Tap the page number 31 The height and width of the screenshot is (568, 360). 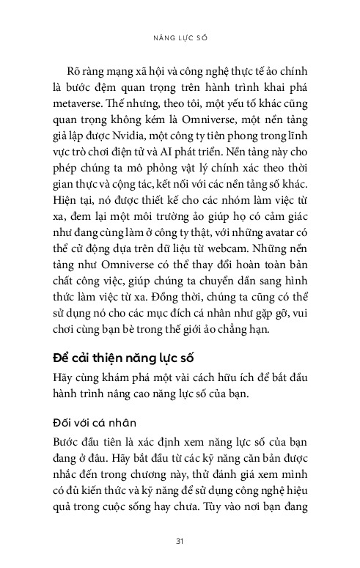pos(180,540)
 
